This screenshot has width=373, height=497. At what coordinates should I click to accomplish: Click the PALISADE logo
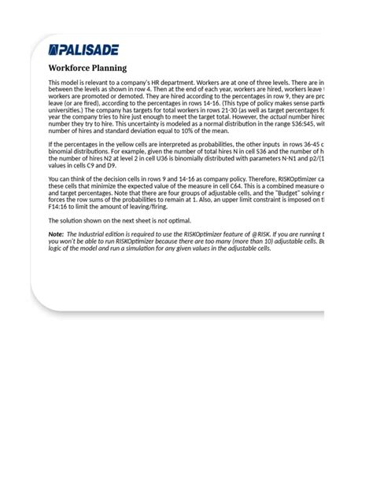coord(85,50)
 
